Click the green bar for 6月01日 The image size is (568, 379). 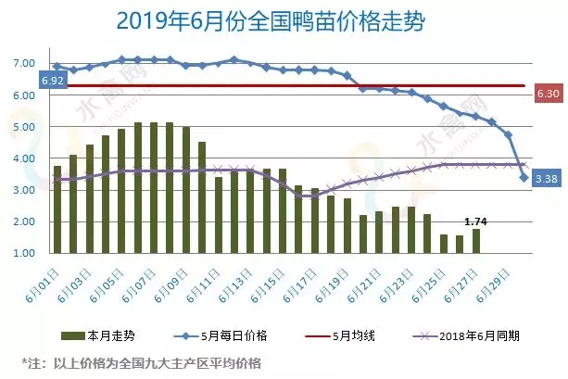[x=57, y=209]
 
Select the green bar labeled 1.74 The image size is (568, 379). [x=476, y=241]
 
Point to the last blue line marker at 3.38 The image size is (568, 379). [x=524, y=178]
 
